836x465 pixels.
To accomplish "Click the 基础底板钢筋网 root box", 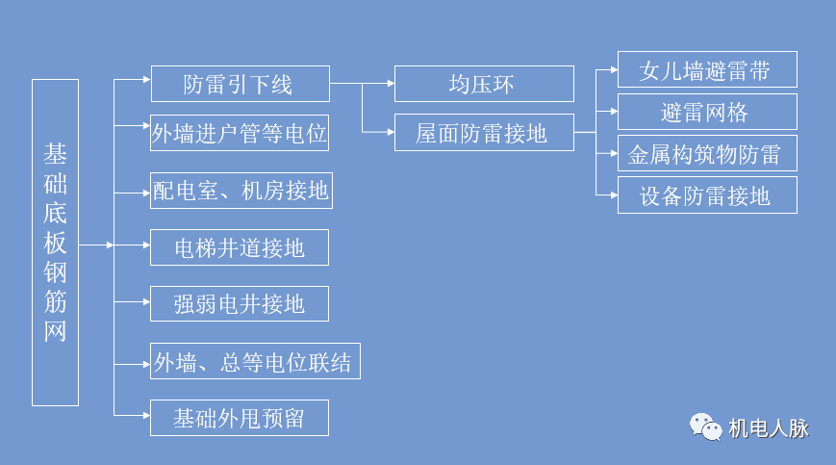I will pyautogui.click(x=55, y=242).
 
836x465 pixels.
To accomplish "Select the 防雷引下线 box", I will pyautogui.click(x=240, y=84).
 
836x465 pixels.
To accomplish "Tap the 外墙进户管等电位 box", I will pyautogui.click(x=240, y=134).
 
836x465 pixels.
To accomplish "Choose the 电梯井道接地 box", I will pyautogui.click(x=240, y=247).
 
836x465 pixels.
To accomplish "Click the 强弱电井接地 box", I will pyautogui.click(x=240, y=304).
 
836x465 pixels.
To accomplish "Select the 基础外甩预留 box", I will pyautogui.click(x=240, y=418).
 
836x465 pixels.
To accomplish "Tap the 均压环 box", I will pyautogui.click(x=484, y=84).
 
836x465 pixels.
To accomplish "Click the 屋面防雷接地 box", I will pyautogui.click(x=484, y=133).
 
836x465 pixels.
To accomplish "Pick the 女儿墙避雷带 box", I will pyautogui.click(x=707, y=70).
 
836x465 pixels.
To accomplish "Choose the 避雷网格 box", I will pyautogui.click(x=707, y=112).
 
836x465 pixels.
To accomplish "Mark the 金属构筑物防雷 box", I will pyautogui.click(x=707, y=154).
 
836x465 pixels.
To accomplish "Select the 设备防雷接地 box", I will pyautogui.click(x=707, y=195).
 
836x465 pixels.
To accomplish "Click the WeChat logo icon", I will pyautogui.click(x=706, y=426).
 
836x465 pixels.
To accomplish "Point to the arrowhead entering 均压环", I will pyautogui.click(x=390, y=84).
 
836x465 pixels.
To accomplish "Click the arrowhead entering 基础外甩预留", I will pyautogui.click(x=146, y=416).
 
